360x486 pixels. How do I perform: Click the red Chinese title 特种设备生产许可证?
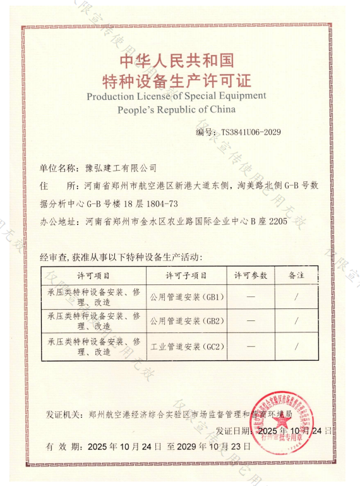176,80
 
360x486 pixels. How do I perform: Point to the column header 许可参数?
251,276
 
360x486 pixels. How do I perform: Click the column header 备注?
296,276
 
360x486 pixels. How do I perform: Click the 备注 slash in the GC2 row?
296,347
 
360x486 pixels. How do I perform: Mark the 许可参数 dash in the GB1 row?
251,296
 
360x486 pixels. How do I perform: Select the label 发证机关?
64,415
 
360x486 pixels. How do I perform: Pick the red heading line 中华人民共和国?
176,61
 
